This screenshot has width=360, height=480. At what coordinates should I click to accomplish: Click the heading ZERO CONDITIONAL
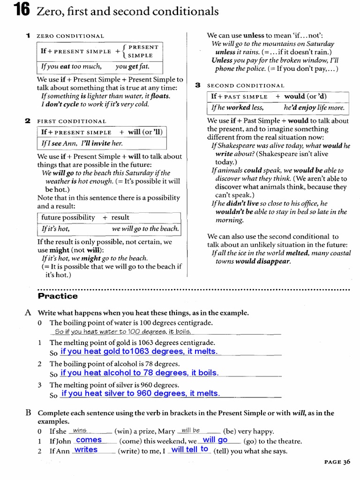70,36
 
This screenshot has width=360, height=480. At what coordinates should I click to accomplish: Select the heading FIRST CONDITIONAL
71,121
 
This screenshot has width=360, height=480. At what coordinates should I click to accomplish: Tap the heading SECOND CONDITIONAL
246,86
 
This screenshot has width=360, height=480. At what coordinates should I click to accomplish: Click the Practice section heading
57,296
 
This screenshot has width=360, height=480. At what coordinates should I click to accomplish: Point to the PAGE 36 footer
337,462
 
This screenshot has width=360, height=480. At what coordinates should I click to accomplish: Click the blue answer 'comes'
89,440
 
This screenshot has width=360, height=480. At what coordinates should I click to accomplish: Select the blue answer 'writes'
86,450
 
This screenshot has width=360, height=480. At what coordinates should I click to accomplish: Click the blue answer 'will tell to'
189,450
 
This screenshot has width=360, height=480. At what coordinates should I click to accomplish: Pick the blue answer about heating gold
139,352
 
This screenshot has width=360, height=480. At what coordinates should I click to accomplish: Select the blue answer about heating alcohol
139,373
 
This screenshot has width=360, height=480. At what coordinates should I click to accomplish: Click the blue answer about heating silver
140,394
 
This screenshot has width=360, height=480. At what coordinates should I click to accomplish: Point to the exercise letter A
28,313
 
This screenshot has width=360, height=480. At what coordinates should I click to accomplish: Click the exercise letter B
28,413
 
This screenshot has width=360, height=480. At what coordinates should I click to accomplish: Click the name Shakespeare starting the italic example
237,146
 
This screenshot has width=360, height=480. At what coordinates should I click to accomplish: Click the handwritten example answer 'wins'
80,430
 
